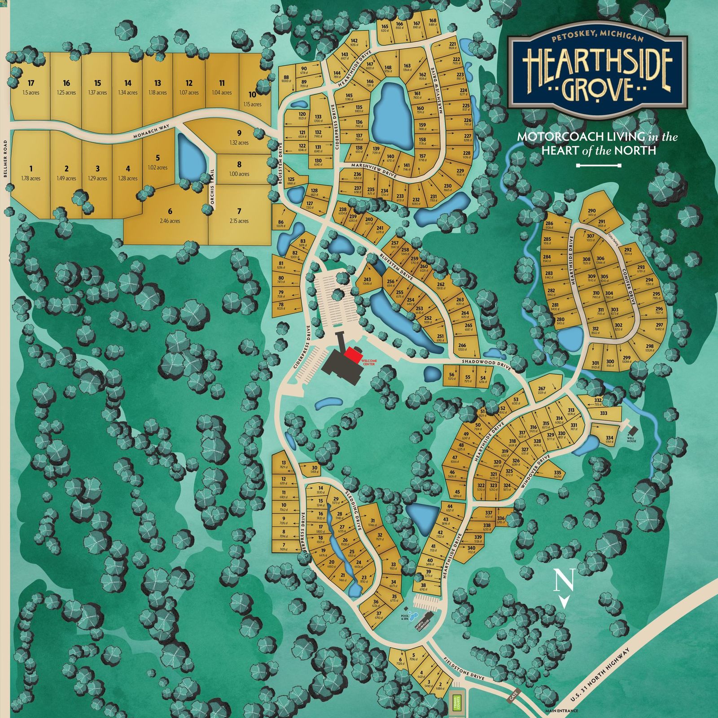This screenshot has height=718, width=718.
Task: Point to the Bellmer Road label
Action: (5, 159)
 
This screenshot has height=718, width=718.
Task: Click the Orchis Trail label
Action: (213, 190)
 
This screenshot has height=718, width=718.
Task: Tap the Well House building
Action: (631, 432)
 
